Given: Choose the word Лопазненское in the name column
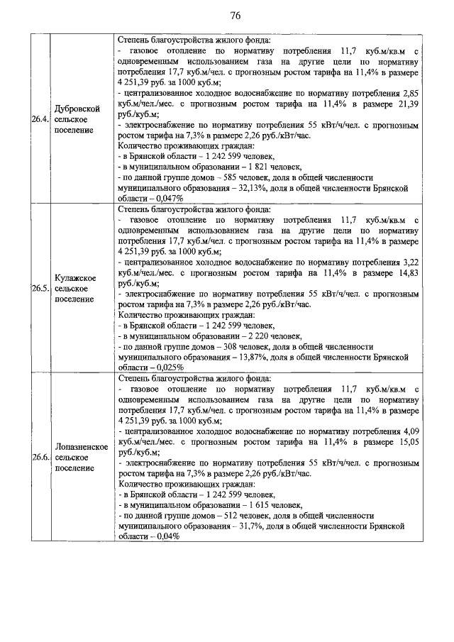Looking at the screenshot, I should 81,447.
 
